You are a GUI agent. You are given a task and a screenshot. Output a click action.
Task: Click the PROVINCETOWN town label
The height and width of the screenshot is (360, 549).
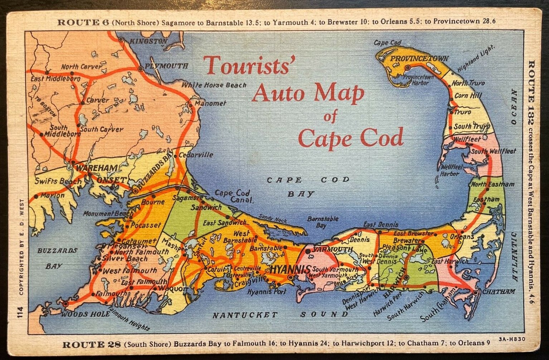point(419,59)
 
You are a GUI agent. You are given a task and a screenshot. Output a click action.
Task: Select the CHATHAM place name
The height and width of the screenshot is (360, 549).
point(499,292)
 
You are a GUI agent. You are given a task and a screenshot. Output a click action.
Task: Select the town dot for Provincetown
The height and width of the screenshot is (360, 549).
point(407,67)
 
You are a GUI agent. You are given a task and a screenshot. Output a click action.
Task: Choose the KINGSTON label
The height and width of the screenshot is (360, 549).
point(148,42)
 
